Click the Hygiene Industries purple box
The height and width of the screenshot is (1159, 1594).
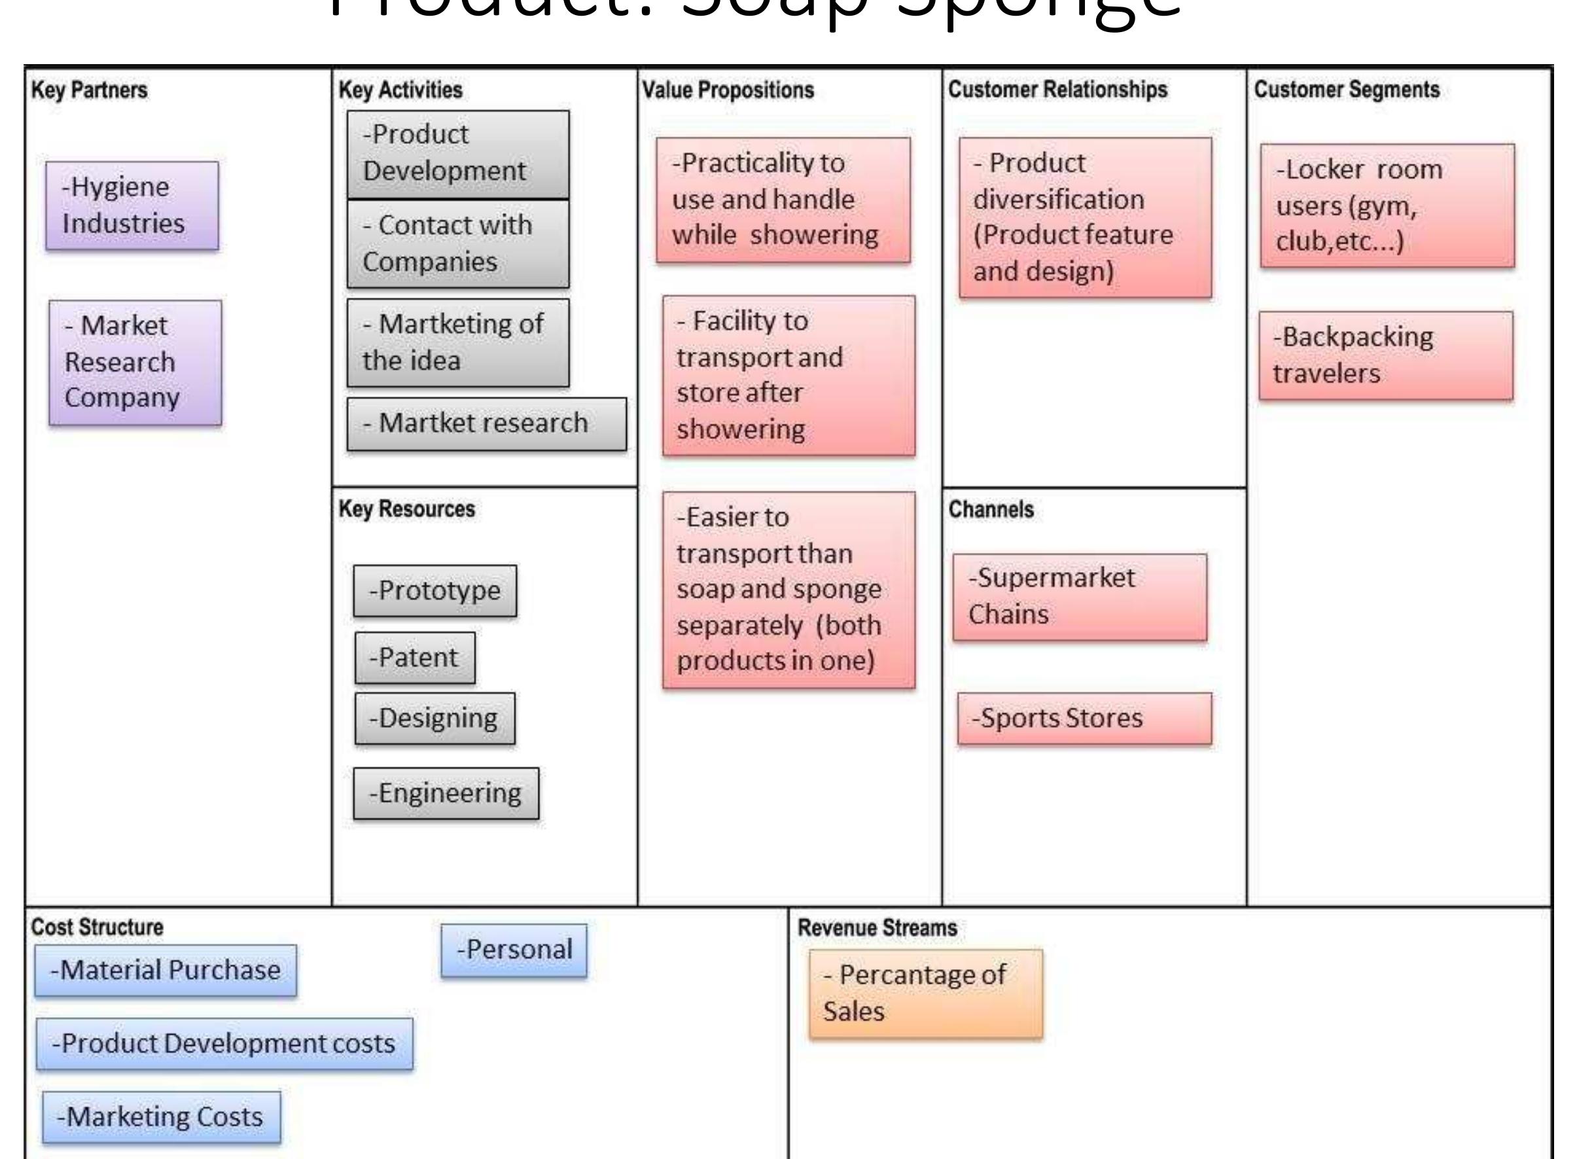pos(132,206)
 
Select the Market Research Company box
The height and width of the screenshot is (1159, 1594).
pos(135,363)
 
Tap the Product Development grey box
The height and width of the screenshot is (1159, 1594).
pos(457,154)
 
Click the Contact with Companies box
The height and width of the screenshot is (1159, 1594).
pos(457,244)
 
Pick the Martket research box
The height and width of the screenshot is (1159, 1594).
pos(486,424)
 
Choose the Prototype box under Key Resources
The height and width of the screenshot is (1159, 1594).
pos(434,591)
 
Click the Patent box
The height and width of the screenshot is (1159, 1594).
pos(415,658)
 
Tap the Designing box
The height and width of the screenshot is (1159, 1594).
pos(434,719)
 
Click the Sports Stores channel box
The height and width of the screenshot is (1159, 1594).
pos(1084,719)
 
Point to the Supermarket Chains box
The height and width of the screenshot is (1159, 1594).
pos(1080,597)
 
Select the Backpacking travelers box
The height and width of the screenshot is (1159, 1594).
pos(1385,355)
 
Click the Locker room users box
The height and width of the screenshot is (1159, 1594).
pos(1387,206)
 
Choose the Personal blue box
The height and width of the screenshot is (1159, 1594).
pos(514,950)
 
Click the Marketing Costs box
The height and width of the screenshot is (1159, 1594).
pos(161,1117)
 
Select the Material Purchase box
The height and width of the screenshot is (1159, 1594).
pos(165,971)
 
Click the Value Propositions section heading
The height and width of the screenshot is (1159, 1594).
pos(728,90)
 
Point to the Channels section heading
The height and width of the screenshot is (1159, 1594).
pos(990,510)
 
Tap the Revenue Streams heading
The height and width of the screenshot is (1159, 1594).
pos(876,928)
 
